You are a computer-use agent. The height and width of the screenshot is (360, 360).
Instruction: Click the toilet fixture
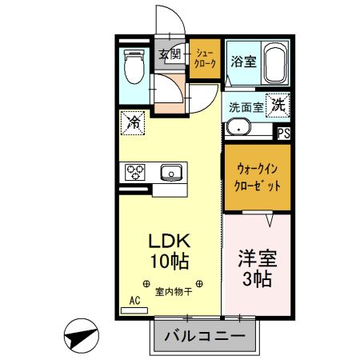tap(134, 66)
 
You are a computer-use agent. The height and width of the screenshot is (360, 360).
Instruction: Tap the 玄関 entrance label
tap(169, 54)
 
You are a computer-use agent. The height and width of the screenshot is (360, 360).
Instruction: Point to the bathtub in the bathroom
tap(274, 64)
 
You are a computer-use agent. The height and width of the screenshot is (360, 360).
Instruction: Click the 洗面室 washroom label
tap(246, 106)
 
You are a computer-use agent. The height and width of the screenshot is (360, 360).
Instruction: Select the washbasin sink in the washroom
tap(238, 126)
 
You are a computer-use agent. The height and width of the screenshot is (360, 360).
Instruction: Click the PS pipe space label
tap(283, 134)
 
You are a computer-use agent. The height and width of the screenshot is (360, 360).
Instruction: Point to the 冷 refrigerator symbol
tap(133, 123)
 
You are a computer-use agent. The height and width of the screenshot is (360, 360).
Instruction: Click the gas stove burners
tap(134, 173)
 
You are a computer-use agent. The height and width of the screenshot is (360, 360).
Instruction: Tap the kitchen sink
tap(170, 172)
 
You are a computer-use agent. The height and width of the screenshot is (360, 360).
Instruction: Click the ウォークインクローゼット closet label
tap(257, 177)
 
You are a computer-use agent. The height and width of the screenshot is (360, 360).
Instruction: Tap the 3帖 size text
tap(258, 280)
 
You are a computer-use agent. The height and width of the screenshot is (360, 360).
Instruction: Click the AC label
tap(134, 302)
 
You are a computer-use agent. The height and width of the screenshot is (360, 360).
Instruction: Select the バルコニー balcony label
tap(205, 336)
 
